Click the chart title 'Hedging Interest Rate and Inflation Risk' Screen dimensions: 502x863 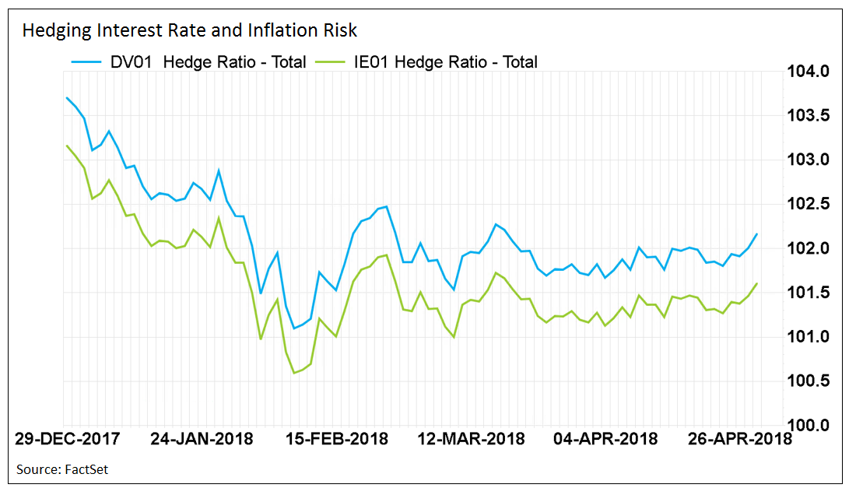coord(189,30)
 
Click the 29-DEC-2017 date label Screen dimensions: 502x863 coord(68,439)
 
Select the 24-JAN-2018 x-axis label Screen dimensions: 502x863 coord(202,439)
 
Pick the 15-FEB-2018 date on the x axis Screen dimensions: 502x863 coord(336,439)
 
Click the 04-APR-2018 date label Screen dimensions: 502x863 coord(605,439)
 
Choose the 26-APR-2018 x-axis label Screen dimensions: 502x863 coord(739,439)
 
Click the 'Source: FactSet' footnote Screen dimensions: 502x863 coord(62,470)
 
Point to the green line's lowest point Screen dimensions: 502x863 coord(294,374)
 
